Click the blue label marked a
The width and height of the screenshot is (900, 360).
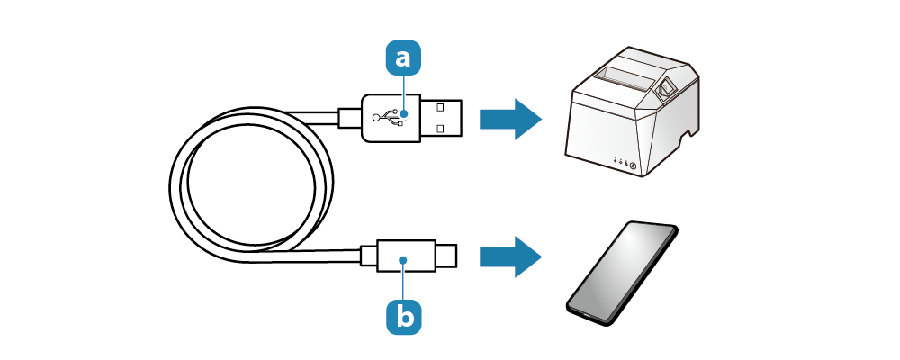click(403, 58)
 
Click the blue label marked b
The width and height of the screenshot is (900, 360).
click(403, 315)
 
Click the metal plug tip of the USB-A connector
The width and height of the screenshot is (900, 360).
click(441, 118)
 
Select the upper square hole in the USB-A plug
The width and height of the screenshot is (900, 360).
click(440, 108)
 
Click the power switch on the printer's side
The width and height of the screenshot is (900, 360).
click(668, 88)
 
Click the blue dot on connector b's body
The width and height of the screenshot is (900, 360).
click(404, 260)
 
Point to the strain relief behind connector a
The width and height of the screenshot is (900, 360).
click(349, 118)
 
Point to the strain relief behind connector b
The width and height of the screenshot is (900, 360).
click(368, 256)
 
